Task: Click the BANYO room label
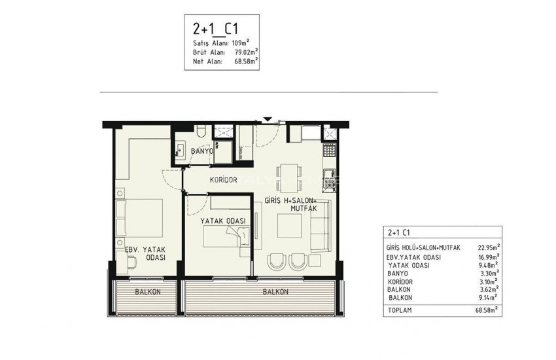click(x=203, y=152)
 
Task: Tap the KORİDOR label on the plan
click(x=223, y=180)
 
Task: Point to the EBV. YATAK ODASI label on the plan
click(x=145, y=253)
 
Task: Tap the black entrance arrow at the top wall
click(x=266, y=119)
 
